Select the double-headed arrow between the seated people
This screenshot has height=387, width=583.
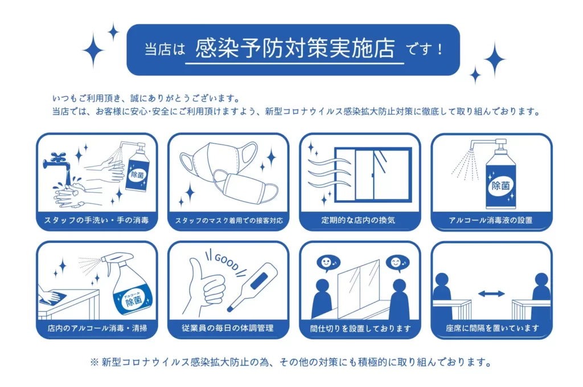(x=491, y=294)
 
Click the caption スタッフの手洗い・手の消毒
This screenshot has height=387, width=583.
(x=97, y=221)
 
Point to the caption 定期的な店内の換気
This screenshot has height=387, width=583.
(x=359, y=221)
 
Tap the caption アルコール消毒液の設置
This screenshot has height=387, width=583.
(x=491, y=221)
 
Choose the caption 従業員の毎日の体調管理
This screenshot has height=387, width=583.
(x=228, y=328)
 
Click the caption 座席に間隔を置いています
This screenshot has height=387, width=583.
(x=492, y=328)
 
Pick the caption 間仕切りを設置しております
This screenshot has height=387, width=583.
(x=360, y=328)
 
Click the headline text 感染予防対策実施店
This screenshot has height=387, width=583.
(x=294, y=48)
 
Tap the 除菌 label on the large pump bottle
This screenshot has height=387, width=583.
(x=500, y=186)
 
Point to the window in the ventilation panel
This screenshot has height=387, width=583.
(x=373, y=175)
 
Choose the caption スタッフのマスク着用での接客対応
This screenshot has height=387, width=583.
(x=229, y=221)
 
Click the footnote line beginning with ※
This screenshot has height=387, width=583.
(x=291, y=362)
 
